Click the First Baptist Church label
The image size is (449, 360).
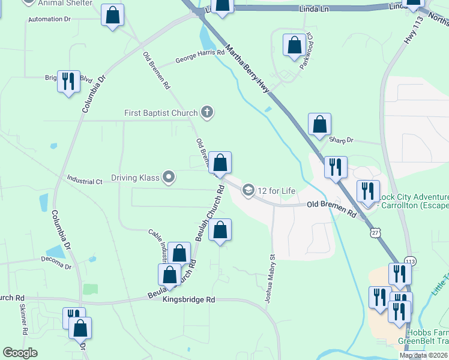[160, 113]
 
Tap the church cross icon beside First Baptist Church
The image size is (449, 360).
[207, 112]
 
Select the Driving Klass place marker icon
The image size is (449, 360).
[169, 177]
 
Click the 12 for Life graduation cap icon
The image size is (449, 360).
[248, 191]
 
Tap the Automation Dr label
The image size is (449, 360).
[53, 19]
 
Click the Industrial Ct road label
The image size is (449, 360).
[86, 179]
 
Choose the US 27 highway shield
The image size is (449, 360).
[375, 232]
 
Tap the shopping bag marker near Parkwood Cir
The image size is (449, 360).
[294, 46]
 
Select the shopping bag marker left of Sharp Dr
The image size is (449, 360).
[320, 124]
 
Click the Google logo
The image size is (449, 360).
[20, 353]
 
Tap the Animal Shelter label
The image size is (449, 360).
[66, 3]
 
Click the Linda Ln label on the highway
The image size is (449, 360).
[313, 10]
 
